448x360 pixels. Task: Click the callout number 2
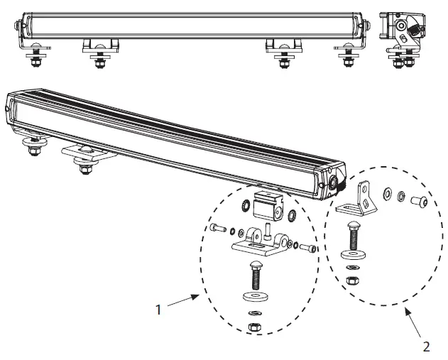[x=425, y=347]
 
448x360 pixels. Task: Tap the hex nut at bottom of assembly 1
[x=254, y=327]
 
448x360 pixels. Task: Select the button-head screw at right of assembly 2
[x=419, y=202]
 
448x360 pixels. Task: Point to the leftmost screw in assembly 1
[x=217, y=229]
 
